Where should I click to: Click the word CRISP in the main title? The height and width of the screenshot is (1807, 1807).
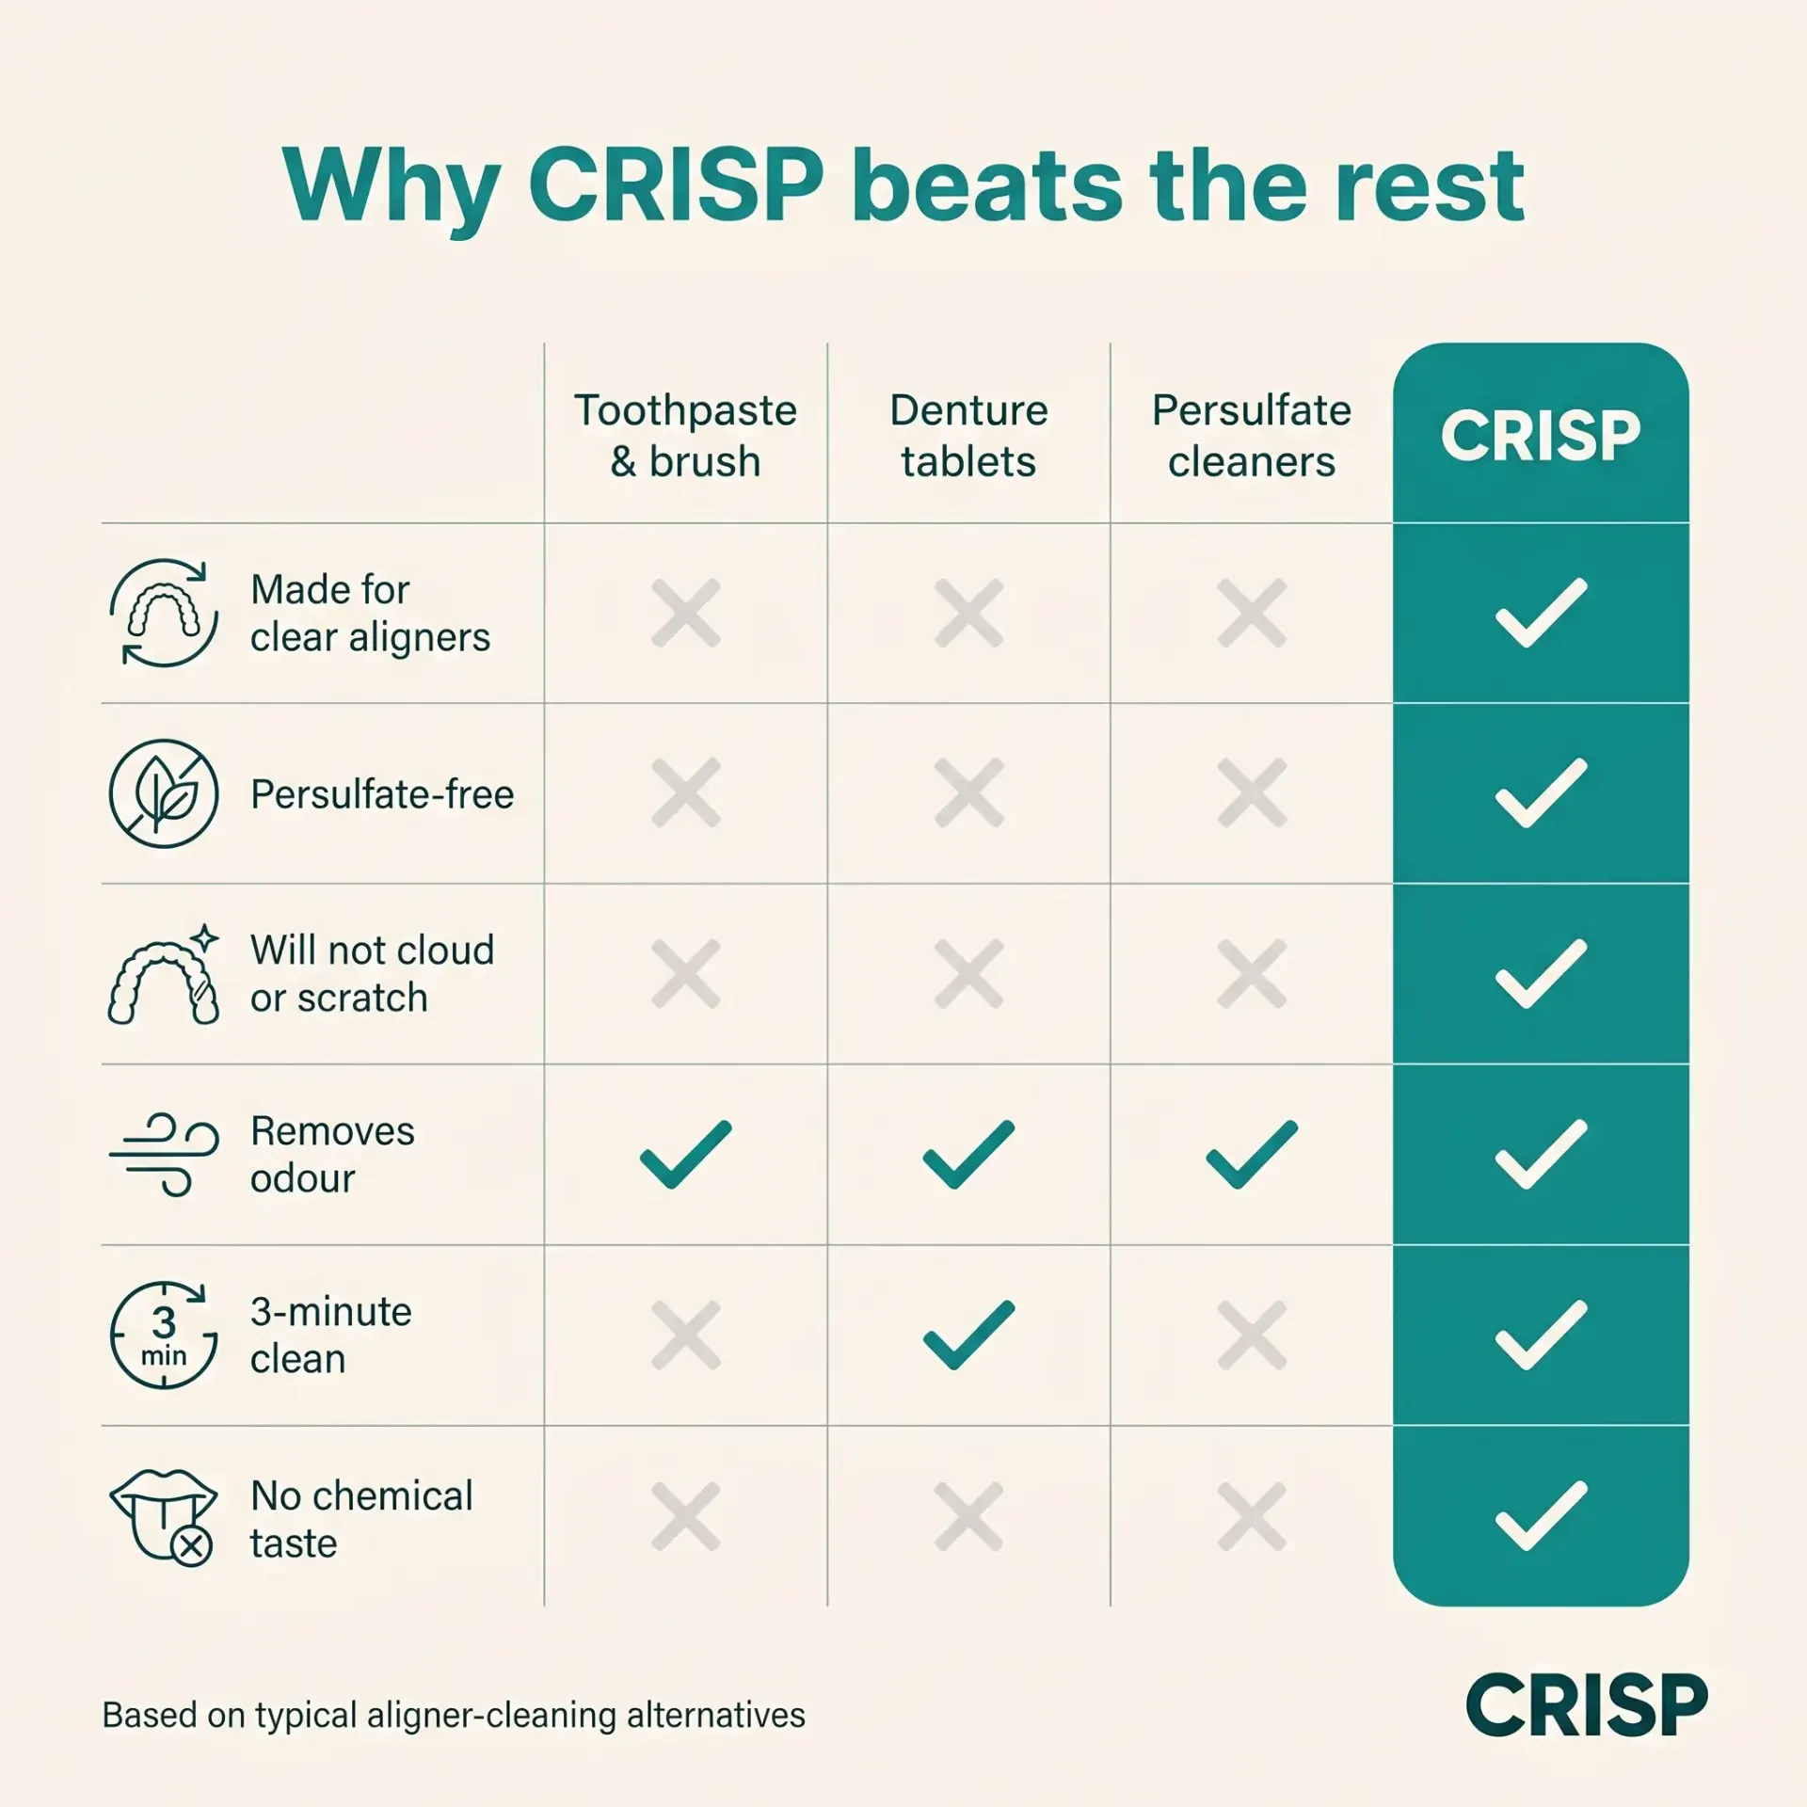[676, 185]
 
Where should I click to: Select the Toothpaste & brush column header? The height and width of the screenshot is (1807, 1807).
[686, 436]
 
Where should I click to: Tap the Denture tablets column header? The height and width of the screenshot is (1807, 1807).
[968, 436]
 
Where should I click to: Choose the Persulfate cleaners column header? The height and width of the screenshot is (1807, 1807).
[1252, 436]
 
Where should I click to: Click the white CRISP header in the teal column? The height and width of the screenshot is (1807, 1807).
[1541, 436]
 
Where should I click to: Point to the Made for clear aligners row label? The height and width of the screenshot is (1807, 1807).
[370, 614]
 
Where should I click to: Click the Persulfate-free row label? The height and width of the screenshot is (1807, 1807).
[382, 794]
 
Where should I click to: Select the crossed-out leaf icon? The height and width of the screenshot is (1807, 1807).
[164, 793]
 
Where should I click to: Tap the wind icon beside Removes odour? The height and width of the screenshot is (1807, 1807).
[164, 1155]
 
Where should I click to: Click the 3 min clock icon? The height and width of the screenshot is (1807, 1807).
[164, 1335]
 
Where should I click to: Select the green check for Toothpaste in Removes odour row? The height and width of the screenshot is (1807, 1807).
[685, 1155]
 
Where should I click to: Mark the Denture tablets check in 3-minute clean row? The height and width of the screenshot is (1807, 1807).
[968, 1335]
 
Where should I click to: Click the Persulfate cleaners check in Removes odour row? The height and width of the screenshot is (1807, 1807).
[1252, 1155]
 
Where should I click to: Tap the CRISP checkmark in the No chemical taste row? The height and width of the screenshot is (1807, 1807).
[1541, 1516]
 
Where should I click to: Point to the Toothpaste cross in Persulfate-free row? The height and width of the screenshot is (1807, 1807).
[686, 792]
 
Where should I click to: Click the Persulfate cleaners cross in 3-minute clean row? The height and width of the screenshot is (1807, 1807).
[1252, 1335]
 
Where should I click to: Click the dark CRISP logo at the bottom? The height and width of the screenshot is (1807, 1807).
[1587, 1705]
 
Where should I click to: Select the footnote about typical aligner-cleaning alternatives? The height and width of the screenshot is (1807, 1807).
[454, 1716]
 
